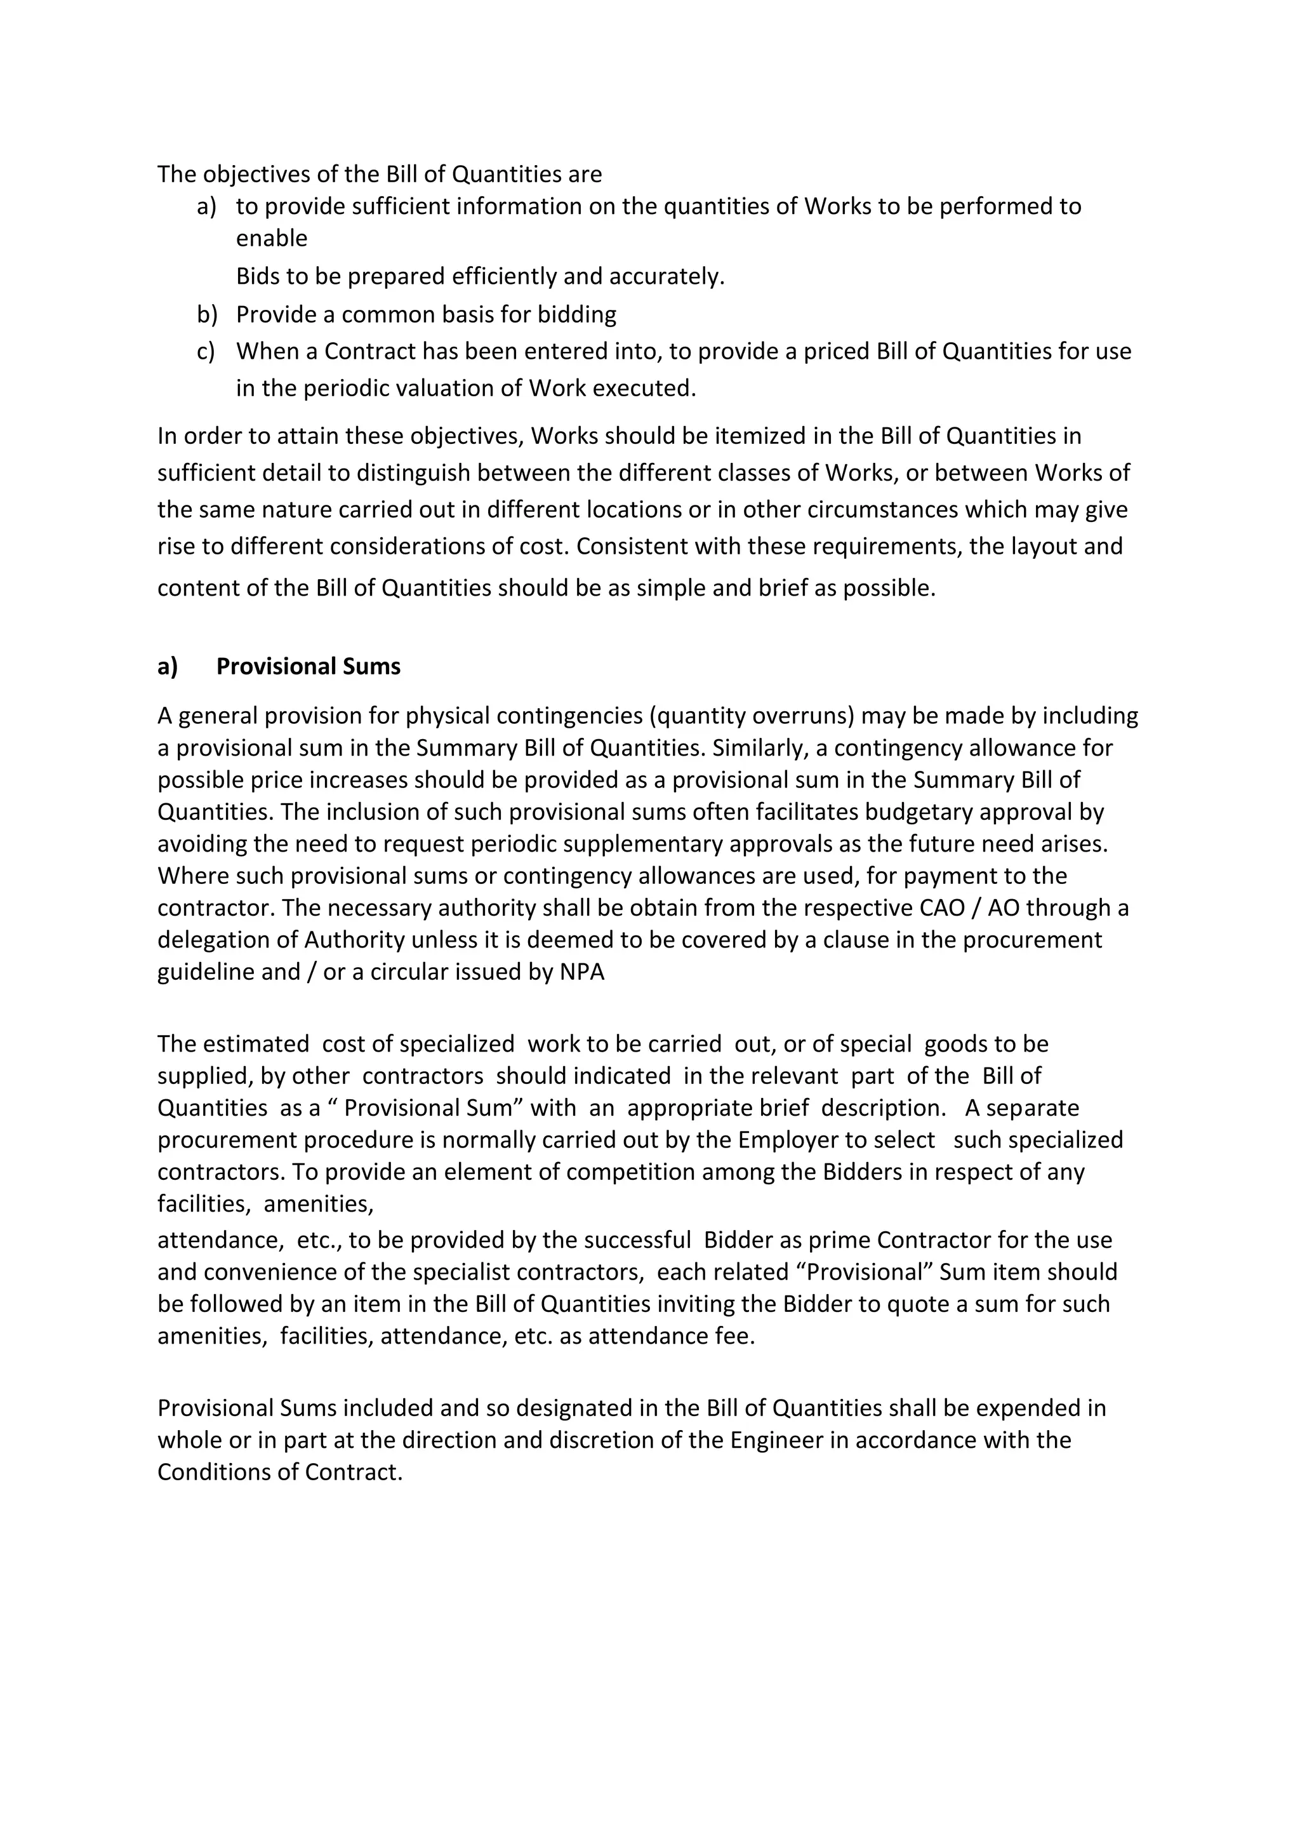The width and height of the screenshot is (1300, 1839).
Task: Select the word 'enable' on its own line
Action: coord(272,238)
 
